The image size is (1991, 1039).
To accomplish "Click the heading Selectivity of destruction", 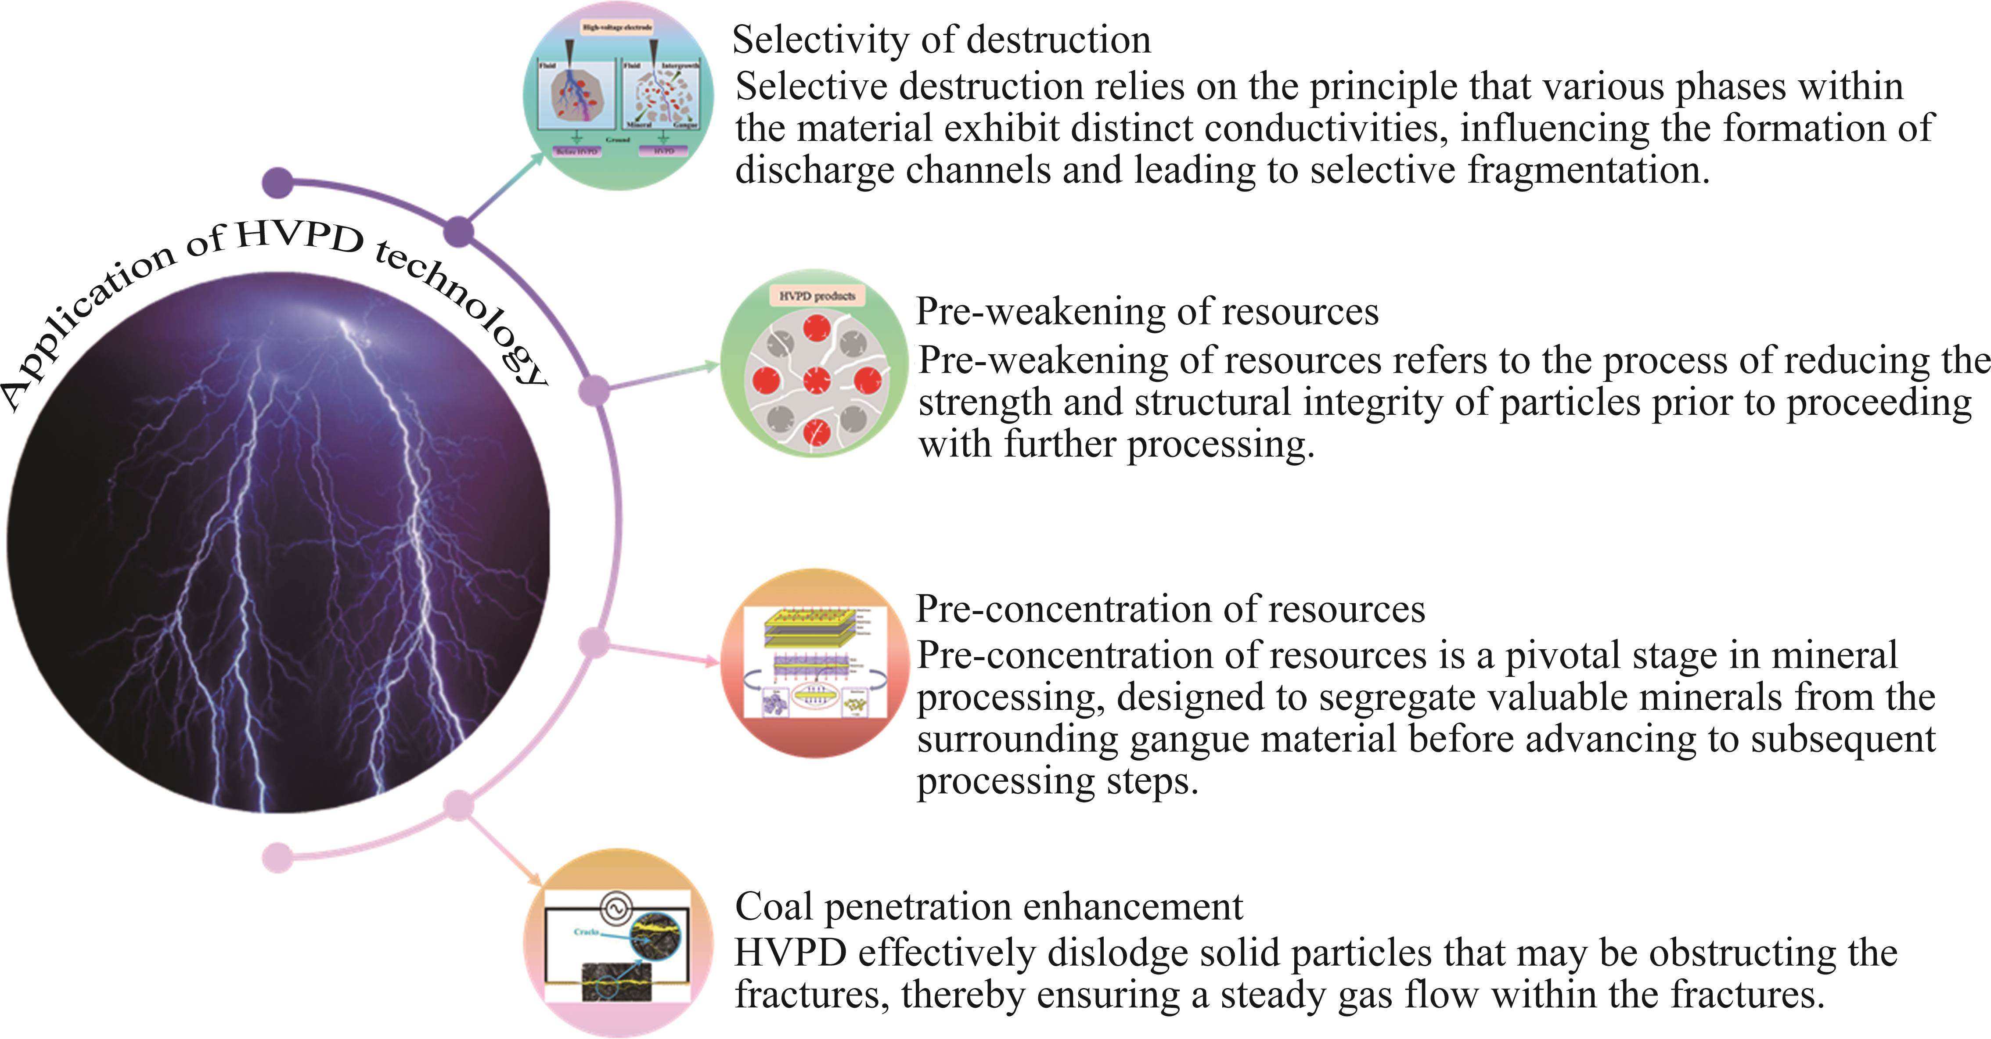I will click(x=941, y=40).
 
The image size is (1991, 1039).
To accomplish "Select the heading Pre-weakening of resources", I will click(x=1147, y=312).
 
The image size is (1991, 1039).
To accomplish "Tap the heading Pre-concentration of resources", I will click(x=1170, y=610).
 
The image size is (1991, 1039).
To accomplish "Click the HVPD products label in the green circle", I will click(x=817, y=296).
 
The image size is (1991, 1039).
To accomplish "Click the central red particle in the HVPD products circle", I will click(x=816, y=380).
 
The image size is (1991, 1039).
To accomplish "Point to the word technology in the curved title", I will click(x=464, y=309).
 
